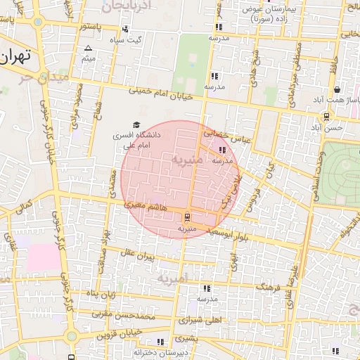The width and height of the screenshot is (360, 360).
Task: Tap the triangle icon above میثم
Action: pos(88,49)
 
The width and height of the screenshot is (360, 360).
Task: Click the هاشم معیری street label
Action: pos(145,207)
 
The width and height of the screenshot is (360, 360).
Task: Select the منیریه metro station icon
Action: pos(187,217)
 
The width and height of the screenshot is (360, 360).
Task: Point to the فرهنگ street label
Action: pos(269,287)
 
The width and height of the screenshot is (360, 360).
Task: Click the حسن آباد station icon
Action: pos(326,117)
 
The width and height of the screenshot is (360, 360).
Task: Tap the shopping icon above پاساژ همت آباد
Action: pos(337,89)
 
